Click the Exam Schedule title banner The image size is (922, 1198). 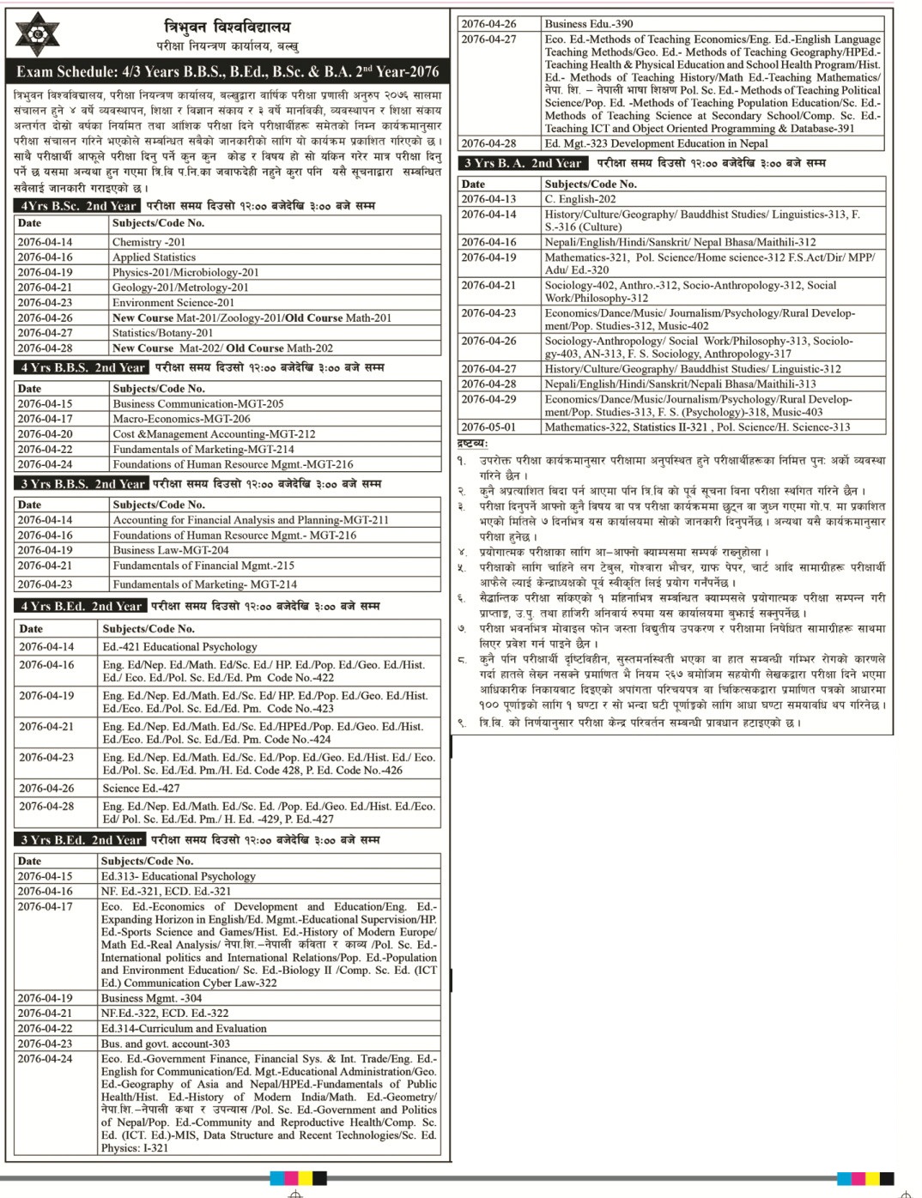(227, 72)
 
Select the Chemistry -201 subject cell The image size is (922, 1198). (149, 242)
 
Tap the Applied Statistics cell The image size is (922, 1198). (155, 257)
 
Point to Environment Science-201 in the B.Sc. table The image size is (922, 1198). (173, 303)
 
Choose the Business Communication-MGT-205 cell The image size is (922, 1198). (198, 404)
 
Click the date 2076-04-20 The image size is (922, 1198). (45, 434)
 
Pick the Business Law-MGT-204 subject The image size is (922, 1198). (171, 550)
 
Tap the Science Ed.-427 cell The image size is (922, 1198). (141, 788)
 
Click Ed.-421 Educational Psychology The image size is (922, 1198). (179, 647)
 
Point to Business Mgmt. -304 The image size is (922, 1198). (152, 998)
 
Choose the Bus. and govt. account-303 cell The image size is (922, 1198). (166, 1044)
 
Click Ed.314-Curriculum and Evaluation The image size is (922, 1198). (184, 1028)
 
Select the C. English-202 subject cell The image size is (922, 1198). (580, 199)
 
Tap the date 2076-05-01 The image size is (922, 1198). (488, 427)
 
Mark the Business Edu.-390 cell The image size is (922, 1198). (589, 24)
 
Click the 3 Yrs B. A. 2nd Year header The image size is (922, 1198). (523, 163)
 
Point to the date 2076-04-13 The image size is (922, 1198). (488, 199)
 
